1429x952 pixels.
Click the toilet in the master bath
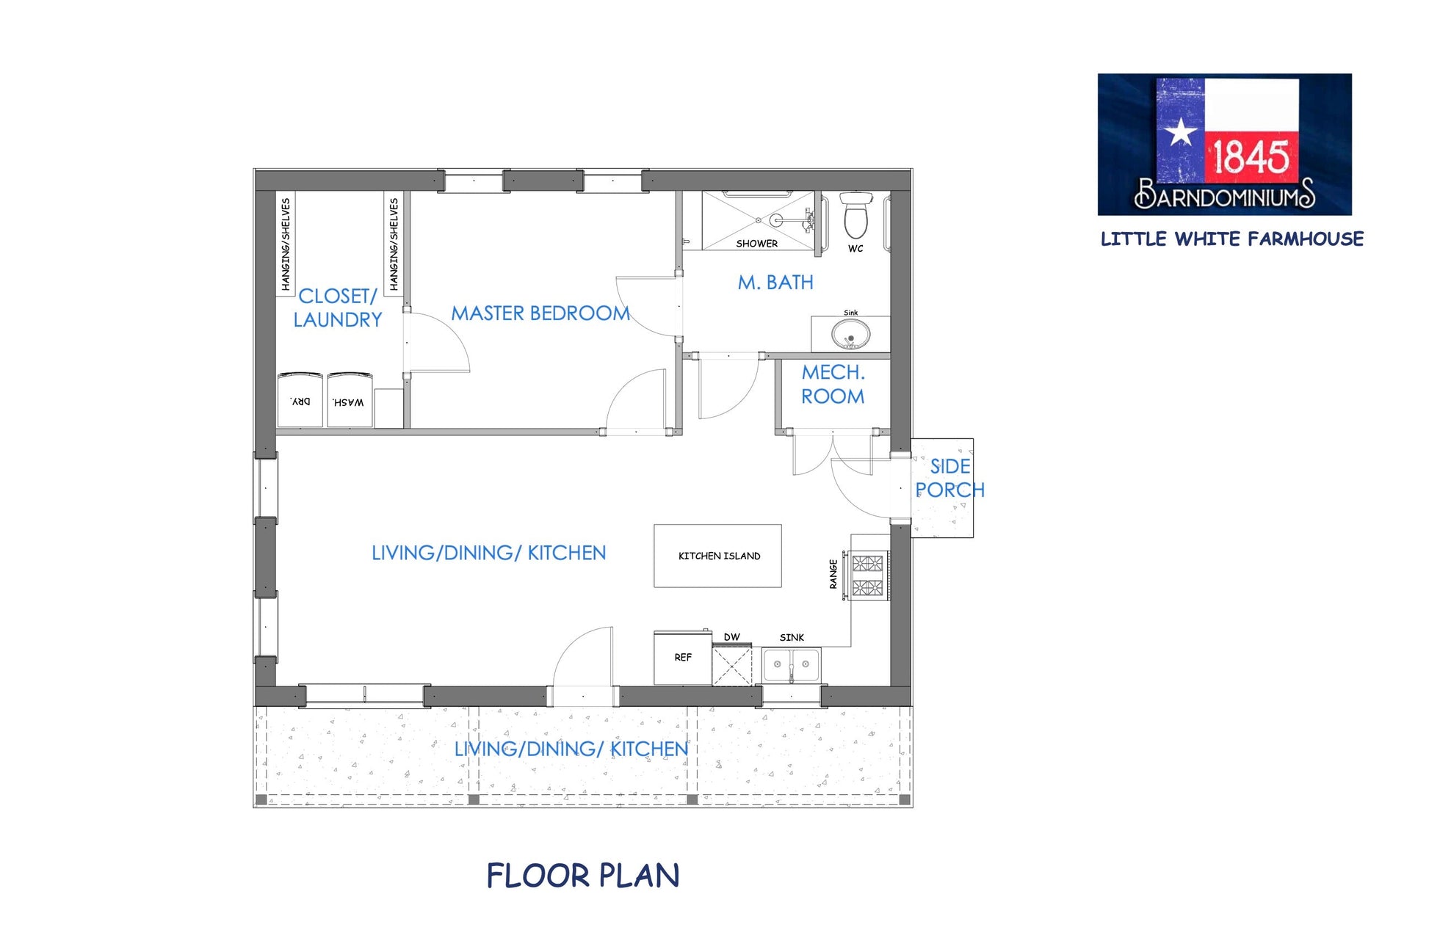[x=855, y=214]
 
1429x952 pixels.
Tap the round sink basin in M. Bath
[x=850, y=335]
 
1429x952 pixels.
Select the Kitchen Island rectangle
[x=717, y=556]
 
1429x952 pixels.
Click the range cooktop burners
[x=867, y=575]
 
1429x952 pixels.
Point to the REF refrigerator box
[x=683, y=658]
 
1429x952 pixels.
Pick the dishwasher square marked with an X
[x=732, y=665]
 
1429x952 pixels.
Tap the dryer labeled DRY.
[x=300, y=401]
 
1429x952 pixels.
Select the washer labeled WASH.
[x=350, y=401]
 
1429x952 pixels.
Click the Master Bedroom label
[x=540, y=313]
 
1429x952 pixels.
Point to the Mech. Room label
[x=833, y=385]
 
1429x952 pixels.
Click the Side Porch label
[x=949, y=478]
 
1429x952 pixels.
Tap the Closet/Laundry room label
[x=338, y=308]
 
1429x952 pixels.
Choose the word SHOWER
[x=757, y=244]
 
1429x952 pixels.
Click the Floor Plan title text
[x=583, y=876]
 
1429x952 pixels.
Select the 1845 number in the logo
[x=1251, y=156]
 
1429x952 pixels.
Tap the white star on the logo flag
[x=1181, y=132]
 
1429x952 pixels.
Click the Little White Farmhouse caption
[x=1232, y=239]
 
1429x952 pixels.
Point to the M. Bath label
[x=775, y=283]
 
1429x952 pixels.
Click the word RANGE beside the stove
[x=833, y=574]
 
